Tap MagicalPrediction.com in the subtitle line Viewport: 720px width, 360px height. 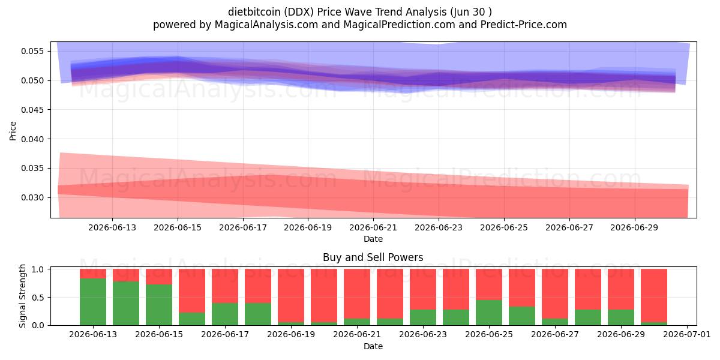399,25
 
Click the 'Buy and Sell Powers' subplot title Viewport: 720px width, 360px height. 373,257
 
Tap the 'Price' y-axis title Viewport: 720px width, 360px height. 13,131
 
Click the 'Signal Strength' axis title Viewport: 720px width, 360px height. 22,296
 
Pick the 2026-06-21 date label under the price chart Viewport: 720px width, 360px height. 373,227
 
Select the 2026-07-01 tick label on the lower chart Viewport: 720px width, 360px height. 687,335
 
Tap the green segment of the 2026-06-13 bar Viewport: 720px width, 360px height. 93,302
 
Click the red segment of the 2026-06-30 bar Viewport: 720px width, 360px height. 654,295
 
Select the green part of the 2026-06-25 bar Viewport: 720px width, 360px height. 489,313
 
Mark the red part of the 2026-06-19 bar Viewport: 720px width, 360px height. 291,295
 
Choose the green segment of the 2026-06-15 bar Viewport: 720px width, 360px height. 159,305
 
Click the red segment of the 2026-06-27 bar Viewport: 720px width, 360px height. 555,294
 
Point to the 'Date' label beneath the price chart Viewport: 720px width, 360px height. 373,239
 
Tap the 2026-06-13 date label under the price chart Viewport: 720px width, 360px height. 112,227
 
